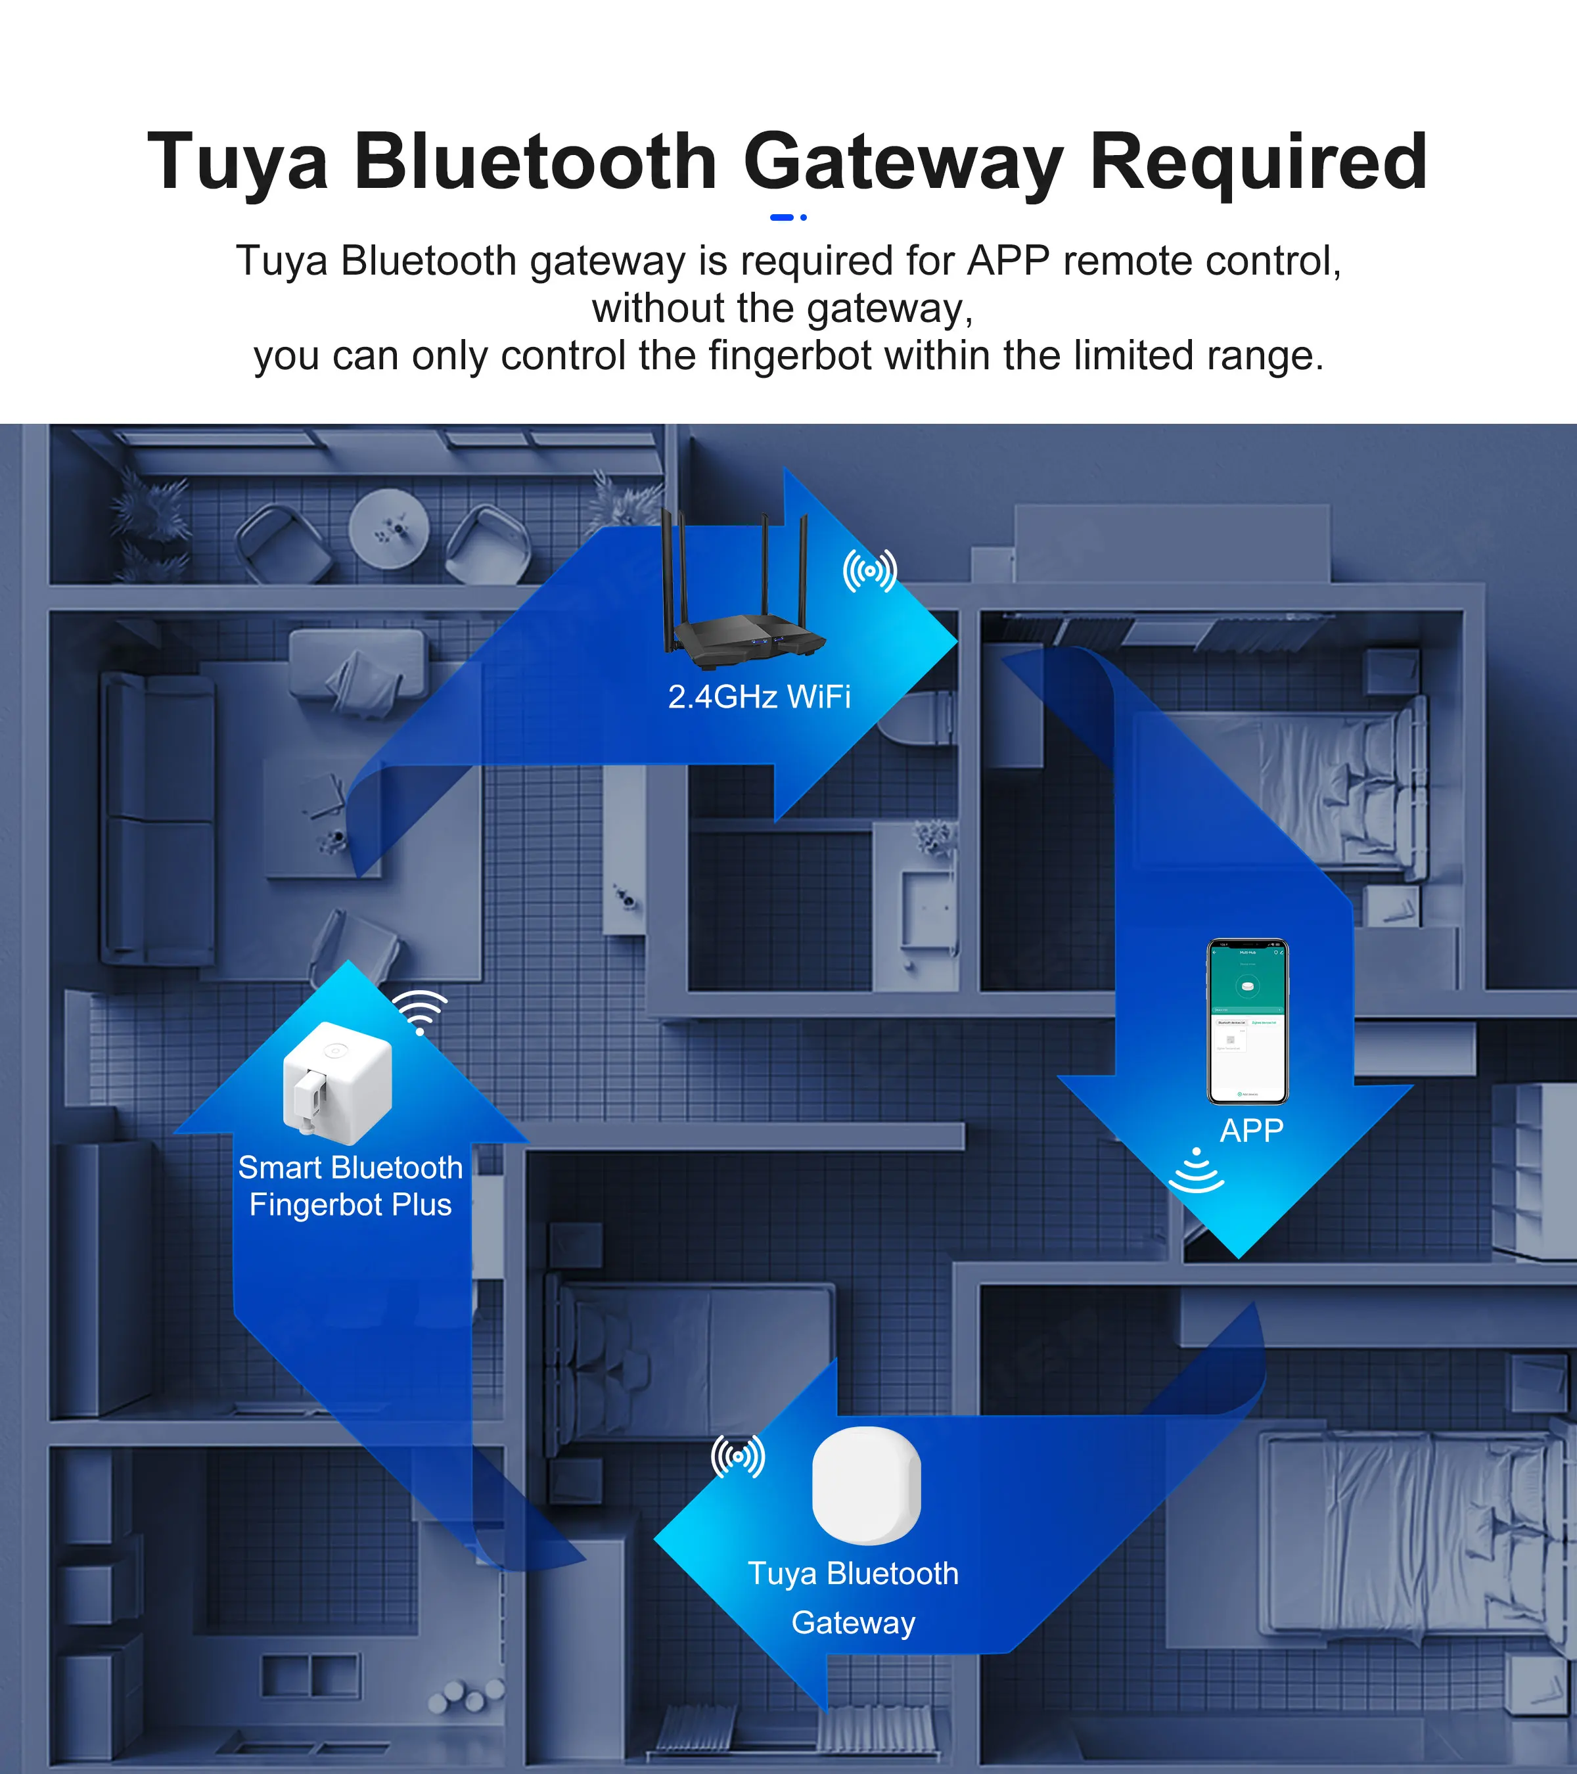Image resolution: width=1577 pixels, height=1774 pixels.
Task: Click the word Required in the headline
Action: pyautogui.click(x=1258, y=162)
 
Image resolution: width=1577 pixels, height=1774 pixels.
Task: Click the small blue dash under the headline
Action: pyautogui.click(x=782, y=217)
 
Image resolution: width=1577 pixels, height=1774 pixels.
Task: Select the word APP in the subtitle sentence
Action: pyautogui.click(x=1008, y=262)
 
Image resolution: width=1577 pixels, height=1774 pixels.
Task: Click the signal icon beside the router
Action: pyautogui.click(x=870, y=571)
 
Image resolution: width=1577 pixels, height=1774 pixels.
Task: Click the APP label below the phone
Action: pyautogui.click(x=1250, y=1131)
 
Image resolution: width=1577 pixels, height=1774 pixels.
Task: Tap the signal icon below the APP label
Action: pyautogui.click(x=1196, y=1171)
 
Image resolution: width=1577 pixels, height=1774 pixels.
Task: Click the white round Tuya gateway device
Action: pyautogui.click(x=866, y=1485)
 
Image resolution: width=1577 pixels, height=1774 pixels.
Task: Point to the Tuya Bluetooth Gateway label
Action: pyautogui.click(x=853, y=1598)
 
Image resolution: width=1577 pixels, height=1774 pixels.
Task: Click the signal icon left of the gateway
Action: pyautogui.click(x=738, y=1457)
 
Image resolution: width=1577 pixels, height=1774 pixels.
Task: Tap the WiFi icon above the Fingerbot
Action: pyautogui.click(x=420, y=1011)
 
